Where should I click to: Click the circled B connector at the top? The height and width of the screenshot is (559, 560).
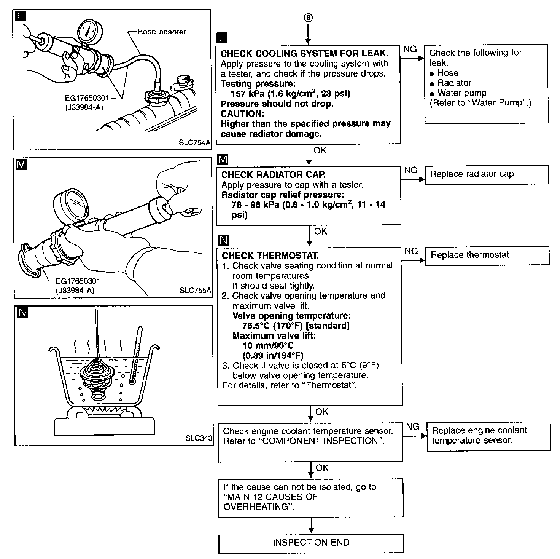click(x=309, y=18)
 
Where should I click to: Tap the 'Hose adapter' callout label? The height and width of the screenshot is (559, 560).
click(x=161, y=32)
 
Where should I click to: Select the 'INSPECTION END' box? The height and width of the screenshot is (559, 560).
click(x=311, y=543)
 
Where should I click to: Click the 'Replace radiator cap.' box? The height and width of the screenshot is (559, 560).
click(x=486, y=174)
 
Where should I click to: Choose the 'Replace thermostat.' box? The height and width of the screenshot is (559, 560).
click(x=487, y=255)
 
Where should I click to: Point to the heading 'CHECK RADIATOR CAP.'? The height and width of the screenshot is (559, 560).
click(x=274, y=175)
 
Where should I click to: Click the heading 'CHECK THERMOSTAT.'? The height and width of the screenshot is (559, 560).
click(x=270, y=256)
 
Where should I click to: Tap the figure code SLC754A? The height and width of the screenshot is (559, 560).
click(x=194, y=143)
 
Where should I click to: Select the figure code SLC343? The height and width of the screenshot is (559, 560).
click(x=199, y=438)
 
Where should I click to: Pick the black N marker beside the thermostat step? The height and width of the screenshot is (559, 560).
click(x=224, y=240)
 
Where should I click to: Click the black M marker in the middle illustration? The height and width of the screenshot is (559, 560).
click(x=22, y=165)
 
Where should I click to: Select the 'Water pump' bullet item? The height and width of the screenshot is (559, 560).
click(x=461, y=93)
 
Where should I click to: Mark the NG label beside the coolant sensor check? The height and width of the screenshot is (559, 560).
click(x=412, y=426)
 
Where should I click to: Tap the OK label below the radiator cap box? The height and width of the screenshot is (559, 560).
click(x=320, y=231)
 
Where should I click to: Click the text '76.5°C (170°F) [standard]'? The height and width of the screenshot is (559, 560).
click(x=296, y=326)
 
